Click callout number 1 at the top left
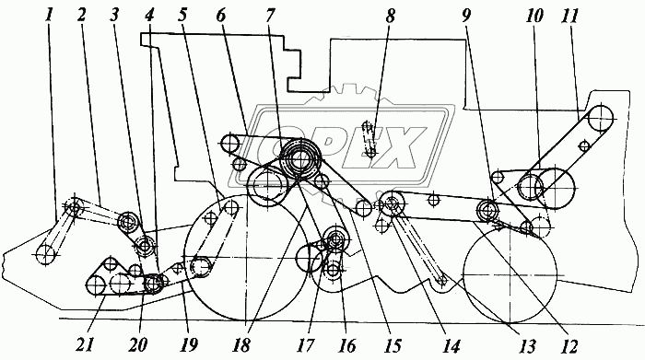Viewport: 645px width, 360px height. point(50,15)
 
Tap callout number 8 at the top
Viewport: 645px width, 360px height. point(391,16)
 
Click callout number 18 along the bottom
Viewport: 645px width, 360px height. point(241,345)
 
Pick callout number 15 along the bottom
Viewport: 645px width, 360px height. point(393,345)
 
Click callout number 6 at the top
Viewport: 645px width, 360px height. point(221,16)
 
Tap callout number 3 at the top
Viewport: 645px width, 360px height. point(114,15)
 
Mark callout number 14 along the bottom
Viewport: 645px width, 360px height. point(451,346)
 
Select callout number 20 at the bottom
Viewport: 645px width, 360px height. point(137,344)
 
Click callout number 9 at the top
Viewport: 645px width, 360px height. point(466,16)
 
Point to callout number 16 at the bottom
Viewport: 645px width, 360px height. point(346,345)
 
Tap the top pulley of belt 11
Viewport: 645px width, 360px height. point(601,119)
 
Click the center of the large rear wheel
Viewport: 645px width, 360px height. point(510,274)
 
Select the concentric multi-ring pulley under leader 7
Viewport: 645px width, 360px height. point(300,159)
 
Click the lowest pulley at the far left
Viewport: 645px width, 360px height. point(45,254)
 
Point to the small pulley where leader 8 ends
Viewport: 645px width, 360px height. point(371,153)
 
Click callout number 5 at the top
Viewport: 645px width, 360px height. point(182,15)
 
